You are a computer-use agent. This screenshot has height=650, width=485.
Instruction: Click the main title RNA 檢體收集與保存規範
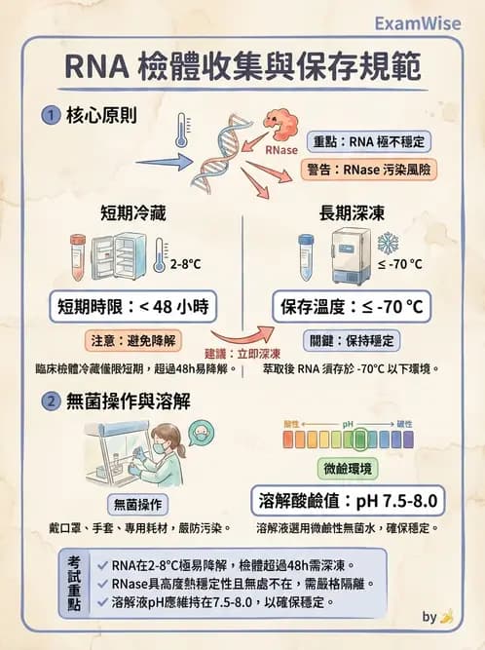click(x=242, y=67)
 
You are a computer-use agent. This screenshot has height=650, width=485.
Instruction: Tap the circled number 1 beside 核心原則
click(x=50, y=115)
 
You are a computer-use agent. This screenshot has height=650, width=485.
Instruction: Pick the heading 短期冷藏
click(x=127, y=212)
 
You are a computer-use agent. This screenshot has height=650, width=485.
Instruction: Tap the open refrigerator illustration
click(x=120, y=257)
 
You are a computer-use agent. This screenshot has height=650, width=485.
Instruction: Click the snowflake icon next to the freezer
click(x=388, y=243)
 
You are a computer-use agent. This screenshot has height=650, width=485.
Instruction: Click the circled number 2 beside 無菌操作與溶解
click(x=50, y=401)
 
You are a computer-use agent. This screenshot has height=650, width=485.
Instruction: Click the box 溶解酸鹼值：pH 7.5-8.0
click(x=348, y=501)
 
